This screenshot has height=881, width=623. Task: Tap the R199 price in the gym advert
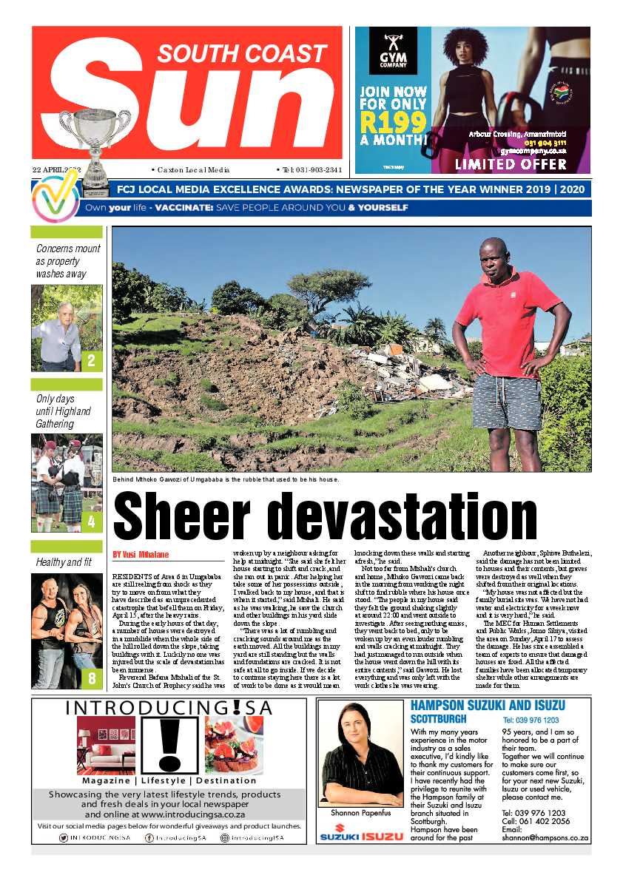[393, 120]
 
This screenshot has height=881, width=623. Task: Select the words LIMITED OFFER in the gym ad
[510, 163]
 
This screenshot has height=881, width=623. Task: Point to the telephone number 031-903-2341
[311, 169]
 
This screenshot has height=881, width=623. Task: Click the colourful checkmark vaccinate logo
[55, 198]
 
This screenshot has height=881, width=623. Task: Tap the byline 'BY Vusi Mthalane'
[141, 554]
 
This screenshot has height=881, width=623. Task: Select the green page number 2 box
[91, 361]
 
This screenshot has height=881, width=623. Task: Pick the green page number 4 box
[91, 522]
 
